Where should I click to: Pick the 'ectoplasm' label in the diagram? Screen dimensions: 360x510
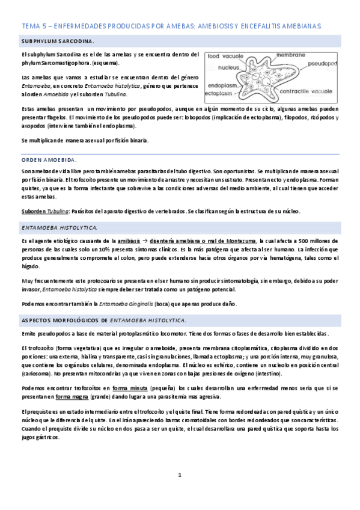pyautogui.click(x=220, y=94)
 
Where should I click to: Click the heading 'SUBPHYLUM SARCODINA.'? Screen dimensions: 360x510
pyautogui.click(x=57, y=41)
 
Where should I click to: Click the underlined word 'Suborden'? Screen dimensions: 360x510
pyautogui.click(x=34, y=211)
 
